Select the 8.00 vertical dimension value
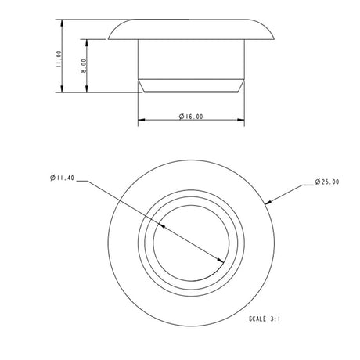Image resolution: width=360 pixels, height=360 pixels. pyautogui.click(x=83, y=67)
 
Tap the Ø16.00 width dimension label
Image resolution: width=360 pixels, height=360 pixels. pyautogui.click(x=192, y=117)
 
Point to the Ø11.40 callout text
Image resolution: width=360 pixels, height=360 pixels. pyautogui.click(x=62, y=178)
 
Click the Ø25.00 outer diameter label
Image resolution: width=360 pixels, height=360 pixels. pyautogui.click(x=326, y=182)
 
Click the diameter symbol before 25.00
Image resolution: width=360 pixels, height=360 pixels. pyautogui.click(x=315, y=182)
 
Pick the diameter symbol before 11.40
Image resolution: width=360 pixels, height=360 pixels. pyautogui.click(x=51, y=178)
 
